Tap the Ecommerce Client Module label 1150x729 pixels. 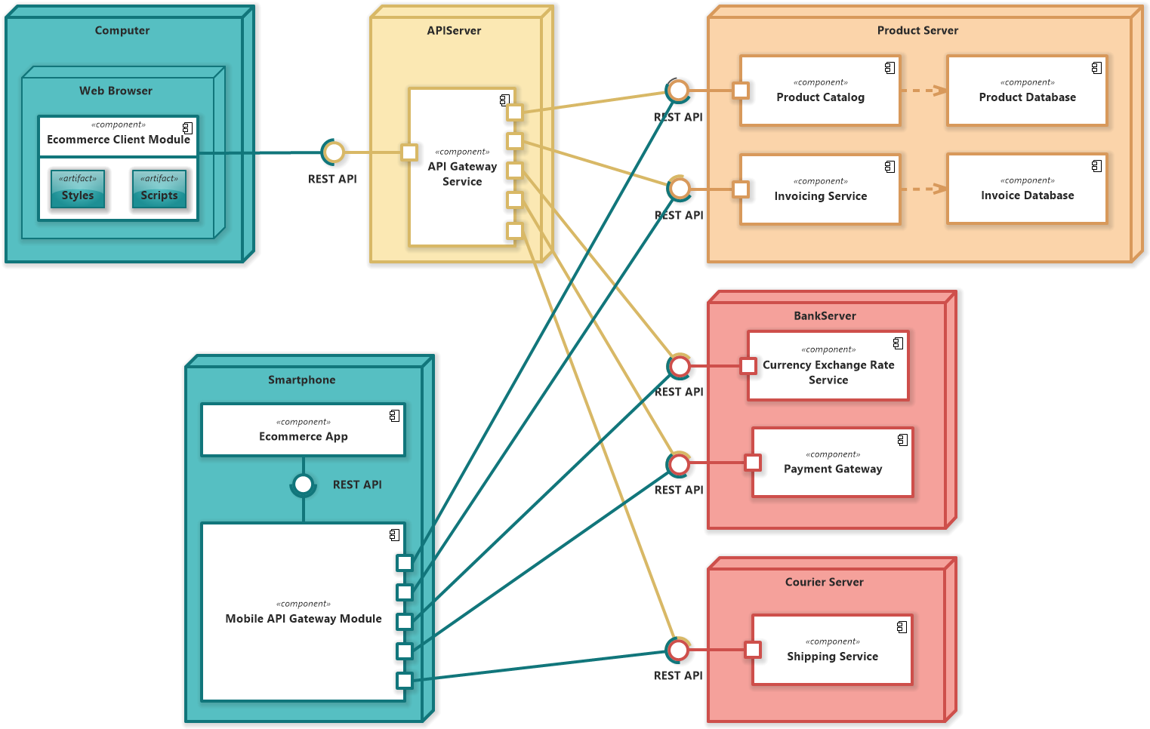pos(119,140)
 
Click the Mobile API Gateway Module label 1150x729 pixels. pos(304,619)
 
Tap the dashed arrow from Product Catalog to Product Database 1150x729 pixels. pos(923,91)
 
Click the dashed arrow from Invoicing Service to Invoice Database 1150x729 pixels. pos(923,189)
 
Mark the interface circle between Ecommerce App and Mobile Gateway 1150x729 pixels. pos(304,484)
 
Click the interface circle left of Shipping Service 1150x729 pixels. pos(678,650)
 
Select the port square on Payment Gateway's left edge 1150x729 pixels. pos(753,463)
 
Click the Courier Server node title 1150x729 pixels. pos(824,582)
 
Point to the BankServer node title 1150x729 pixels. pos(825,315)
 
